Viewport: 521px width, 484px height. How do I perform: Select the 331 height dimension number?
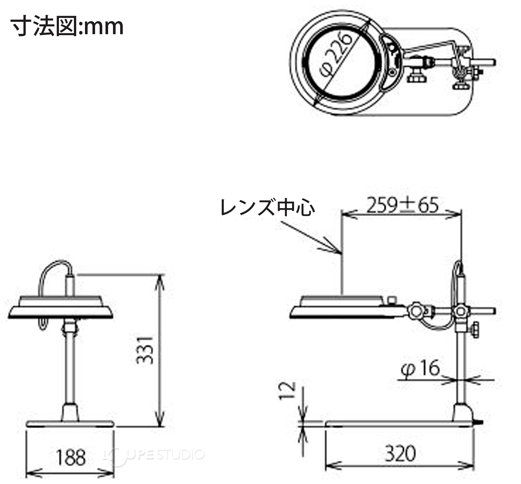(144, 350)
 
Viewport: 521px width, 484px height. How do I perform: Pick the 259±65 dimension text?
(402, 205)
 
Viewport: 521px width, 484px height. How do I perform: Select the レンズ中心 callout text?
(267, 207)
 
